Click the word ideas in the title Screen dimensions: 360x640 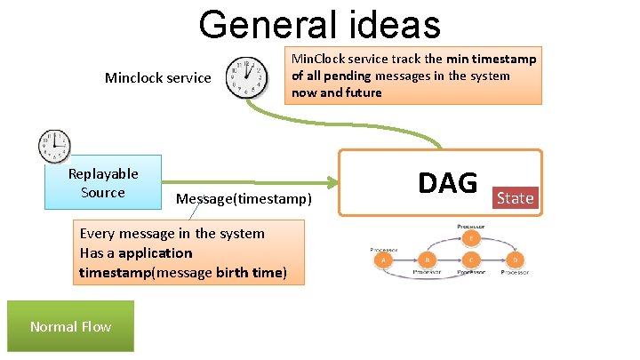point(388,25)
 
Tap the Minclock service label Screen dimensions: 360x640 point(158,77)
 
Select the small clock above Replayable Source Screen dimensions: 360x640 point(54,145)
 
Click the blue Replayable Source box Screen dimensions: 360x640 point(103,183)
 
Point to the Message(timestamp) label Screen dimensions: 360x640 point(244,198)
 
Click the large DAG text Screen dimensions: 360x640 point(448,182)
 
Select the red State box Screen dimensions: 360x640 point(516,197)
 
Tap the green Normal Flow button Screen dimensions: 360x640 point(70,326)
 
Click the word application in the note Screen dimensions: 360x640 point(155,252)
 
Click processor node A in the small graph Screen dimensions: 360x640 point(383,260)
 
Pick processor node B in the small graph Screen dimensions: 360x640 point(428,260)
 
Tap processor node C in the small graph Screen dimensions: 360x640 point(471,260)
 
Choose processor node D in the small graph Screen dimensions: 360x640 point(516,260)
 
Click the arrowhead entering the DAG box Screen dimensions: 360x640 point(335,183)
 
